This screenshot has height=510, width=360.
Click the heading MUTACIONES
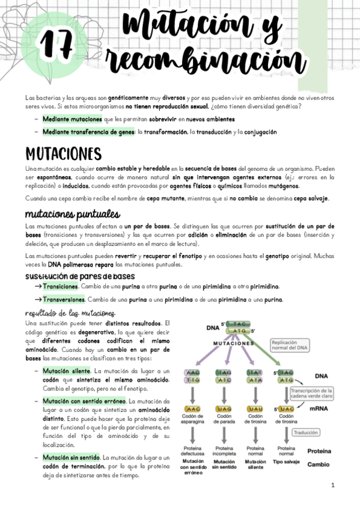[x=63, y=153]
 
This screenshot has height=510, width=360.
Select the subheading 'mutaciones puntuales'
[x=72, y=214]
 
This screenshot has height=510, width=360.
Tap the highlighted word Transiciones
[x=61, y=286]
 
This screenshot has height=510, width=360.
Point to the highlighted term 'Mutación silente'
[x=66, y=370]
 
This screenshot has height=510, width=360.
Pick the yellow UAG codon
[x=224, y=409]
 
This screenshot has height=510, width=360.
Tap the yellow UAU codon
[x=255, y=409]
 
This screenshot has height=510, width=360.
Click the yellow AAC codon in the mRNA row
[x=193, y=409]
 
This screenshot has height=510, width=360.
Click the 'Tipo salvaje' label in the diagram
[x=286, y=462]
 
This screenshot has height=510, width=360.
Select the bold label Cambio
[x=318, y=464]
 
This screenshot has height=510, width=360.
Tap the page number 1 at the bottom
[x=332, y=485]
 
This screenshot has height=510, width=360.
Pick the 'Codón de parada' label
[x=224, y=419]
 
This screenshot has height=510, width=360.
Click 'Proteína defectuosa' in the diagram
[x=193, y=451]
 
